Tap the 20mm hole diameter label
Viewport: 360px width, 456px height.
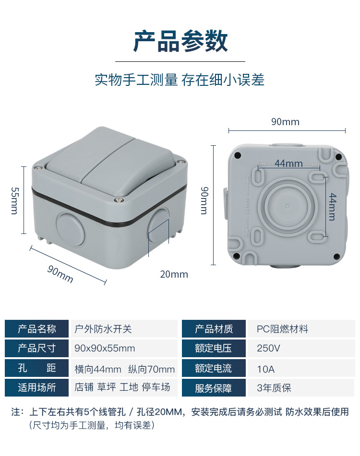174,274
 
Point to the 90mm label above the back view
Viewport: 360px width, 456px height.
285,122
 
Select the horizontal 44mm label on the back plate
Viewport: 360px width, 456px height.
288,164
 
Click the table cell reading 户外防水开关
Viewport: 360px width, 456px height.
103,329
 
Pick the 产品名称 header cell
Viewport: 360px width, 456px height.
36,329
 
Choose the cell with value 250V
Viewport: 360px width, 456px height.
268,349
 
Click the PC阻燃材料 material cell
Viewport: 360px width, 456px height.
282,329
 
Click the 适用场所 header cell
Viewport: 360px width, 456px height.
36,387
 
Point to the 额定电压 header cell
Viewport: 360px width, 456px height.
214,349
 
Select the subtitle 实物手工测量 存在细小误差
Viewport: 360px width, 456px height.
180,80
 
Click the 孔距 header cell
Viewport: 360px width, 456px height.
36,368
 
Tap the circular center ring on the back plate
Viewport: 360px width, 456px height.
286,205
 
